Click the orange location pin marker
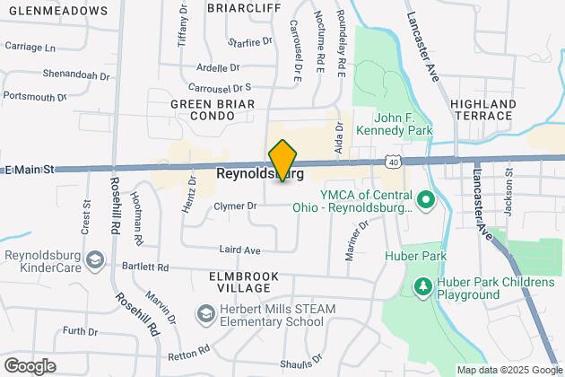(x=282, y=161)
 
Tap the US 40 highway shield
(x=394, y=161)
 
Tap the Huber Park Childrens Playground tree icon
(x=422, y=286)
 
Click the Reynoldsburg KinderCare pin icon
(x=98, y=260)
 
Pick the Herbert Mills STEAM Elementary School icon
(x=204, y=314)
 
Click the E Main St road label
(x=30, y=169)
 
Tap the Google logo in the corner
(x=30, y=365)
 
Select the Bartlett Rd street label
(x=144, y=267)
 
